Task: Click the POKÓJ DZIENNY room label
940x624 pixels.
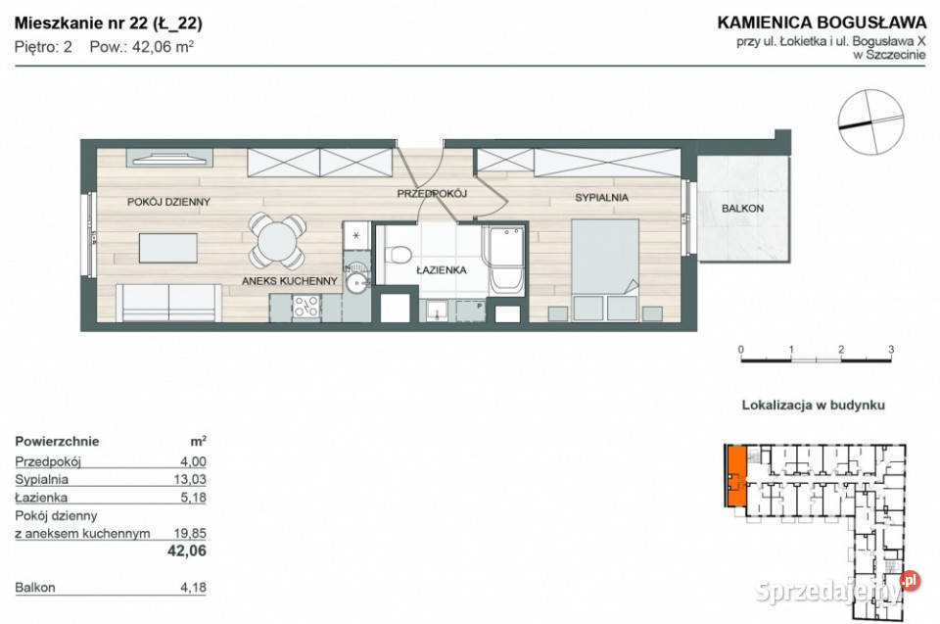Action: pos(168,202)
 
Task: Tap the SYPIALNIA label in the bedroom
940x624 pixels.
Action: pos(600,198)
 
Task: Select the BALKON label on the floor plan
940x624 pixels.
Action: pos(741,209)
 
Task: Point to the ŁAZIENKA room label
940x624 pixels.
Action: pos(440,269)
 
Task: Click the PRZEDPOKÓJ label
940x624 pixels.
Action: pos(432,194)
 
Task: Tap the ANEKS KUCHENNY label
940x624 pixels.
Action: pos(290,280)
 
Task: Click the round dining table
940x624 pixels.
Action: pos(279,238)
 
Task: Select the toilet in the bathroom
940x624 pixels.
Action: pos(399,254)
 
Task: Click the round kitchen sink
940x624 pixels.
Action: pos(356,283)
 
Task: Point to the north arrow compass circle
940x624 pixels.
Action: pos(870,121)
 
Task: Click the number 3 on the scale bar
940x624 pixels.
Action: pos(890,349)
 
